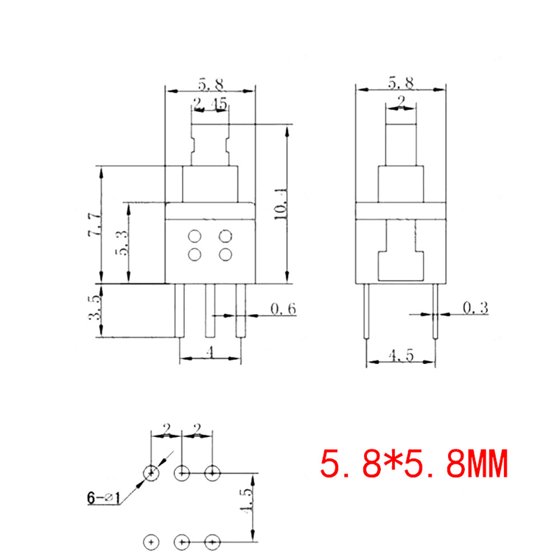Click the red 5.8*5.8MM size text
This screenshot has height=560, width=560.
(x=414, y=464)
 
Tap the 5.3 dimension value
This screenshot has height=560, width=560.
(x=122, y=243)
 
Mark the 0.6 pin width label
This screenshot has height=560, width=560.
(x=282, y=309)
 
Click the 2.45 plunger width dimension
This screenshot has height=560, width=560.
(x=210, y=103)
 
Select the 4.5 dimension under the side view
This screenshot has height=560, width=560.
(x=401, y=356)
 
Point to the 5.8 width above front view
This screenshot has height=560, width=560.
(x=210, y=84)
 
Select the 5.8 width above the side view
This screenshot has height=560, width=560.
(x=401, y=83)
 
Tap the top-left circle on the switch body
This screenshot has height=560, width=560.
(x=195, y=236)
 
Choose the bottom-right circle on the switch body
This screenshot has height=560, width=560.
(x=225, y=255)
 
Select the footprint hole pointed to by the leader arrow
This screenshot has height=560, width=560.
(x=151, y=474)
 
